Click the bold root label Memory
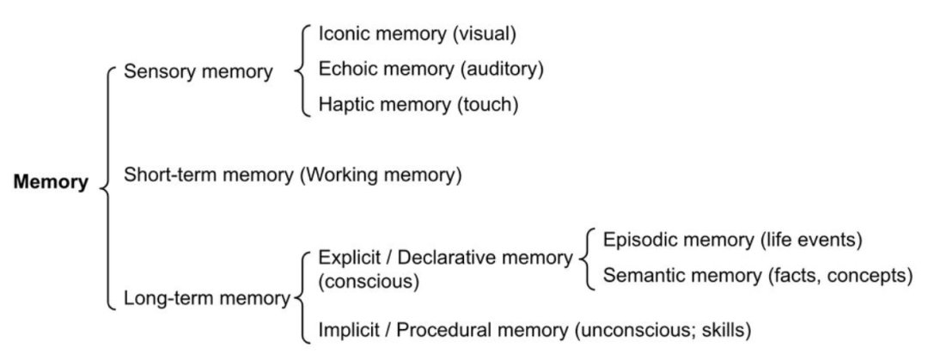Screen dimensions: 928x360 pos(51,182)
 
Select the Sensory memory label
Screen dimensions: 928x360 pos(198,72)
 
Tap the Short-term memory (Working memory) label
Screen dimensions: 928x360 pos(292,175)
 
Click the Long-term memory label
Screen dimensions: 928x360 pos(206,299)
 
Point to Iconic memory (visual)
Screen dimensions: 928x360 pos(418,34)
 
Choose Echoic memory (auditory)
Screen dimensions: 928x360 pos(430,70)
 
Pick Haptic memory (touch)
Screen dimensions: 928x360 pos(418,105)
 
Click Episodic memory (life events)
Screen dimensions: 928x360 pos(732,240)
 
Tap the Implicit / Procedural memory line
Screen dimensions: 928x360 pos(535,330)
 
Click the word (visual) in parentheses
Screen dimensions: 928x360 pos(485,34)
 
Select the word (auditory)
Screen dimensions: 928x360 pos(502,70)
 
